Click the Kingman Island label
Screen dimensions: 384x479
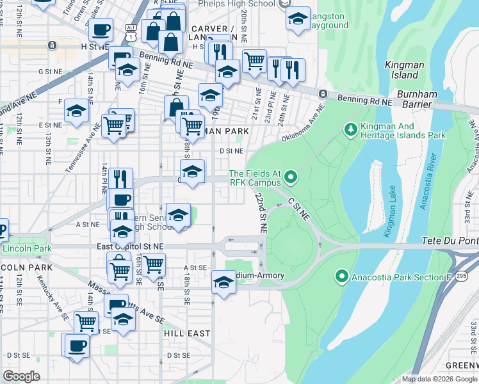pos(402,70)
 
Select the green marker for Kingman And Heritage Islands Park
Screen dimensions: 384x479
pos(350,130)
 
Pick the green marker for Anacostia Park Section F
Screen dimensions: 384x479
pos(341,276)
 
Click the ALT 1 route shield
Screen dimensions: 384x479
pos(130,37)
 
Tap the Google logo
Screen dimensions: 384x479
pos(22,376)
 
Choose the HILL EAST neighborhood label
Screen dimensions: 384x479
pos(186,333)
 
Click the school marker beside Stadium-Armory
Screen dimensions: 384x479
pos(223,281)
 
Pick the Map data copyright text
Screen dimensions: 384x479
pos(439,379)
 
